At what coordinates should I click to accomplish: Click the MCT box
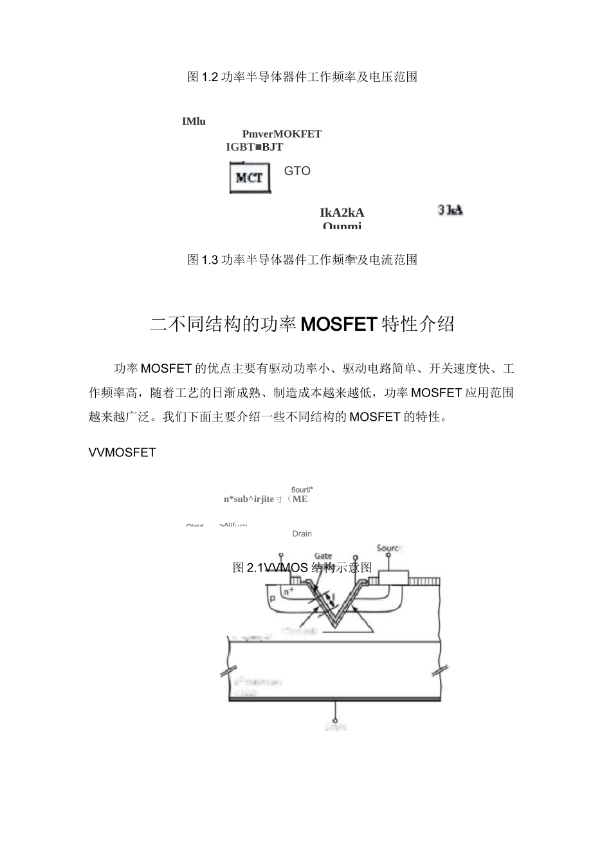250,178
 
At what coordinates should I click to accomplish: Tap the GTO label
297,171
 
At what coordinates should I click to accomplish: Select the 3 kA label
450,210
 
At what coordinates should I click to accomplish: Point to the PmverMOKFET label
282,134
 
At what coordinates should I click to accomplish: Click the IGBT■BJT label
255,147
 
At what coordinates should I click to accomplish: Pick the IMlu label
194,121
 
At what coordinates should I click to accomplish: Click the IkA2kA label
342,213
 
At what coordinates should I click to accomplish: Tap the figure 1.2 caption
302,77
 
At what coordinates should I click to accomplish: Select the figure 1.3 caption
302,260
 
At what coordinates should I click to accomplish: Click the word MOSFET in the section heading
338,324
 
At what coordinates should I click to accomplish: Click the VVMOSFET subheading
122,452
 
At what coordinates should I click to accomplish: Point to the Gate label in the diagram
324,556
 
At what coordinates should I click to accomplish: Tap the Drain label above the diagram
302,534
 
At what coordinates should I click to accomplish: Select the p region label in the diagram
273,599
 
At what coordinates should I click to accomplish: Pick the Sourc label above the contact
388,548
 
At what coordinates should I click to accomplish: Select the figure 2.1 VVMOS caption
302,568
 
